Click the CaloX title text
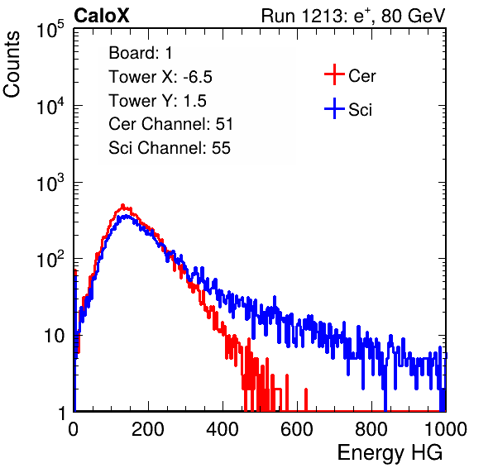pos(102,16)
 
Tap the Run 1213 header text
pos(353,16)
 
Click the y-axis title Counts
pos(12,64)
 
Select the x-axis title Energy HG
pos(390,453)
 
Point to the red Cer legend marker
pos(334,74)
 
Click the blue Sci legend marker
pos(334,108)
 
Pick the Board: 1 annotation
pos(141,53)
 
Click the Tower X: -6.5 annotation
pos(160,77)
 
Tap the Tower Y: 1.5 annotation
pos(157,101)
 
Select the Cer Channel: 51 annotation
pos(170,124)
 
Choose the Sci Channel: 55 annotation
pos(170,148)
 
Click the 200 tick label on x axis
pos(148,429)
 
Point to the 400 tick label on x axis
pos(223,429)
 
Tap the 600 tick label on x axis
pos(297,429)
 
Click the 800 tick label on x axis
pos(371,429)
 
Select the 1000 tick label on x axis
pos(446,429)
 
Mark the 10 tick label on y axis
pos(55,336)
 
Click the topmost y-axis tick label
pos(50,29)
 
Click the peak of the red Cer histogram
pos(123,205)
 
